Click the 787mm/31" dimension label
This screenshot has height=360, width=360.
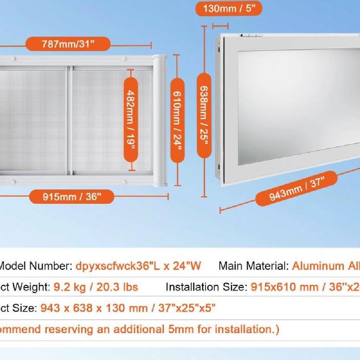tap(68, 44)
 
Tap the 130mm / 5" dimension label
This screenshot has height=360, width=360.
tap(229, 9)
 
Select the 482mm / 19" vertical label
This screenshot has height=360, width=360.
tap(131, 118)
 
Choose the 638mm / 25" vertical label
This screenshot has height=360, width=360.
tap(204, 115)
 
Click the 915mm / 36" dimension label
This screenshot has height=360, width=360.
tap(72, 197)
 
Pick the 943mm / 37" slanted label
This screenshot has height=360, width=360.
tap(296, 189)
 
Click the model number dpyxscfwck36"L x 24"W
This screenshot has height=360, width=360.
tap(138, 266)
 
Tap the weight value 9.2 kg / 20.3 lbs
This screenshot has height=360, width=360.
tap(96, 287)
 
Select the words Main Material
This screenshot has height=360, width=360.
tap(253, 266)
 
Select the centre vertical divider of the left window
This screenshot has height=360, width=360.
tap(69, 121)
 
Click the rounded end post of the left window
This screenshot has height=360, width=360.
tap(159, 121)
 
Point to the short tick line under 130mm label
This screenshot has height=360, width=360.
tap(220, 26)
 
